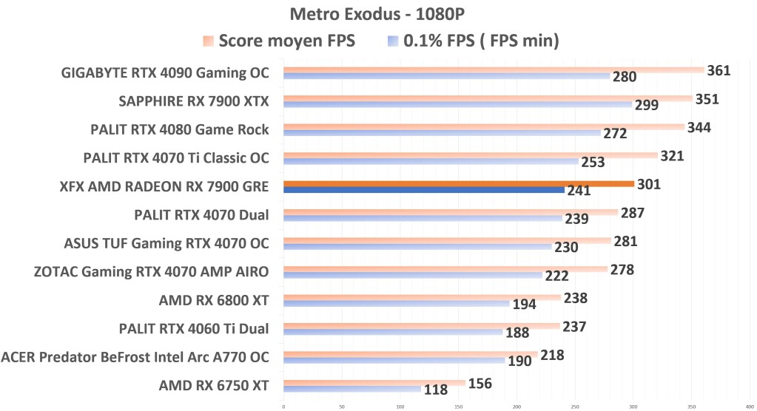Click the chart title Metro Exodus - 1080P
click(x=378, y=14)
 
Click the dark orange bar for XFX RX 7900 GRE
click(x=458, y=184)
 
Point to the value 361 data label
click(x=719, y=71)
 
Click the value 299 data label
click(x=647, y=105)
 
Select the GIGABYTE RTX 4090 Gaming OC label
click(x=166, y=72)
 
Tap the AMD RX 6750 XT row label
click(x=214, y=384)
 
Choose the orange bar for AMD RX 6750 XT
click(x=374, y=383)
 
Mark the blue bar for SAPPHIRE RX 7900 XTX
click(x=457, y=105)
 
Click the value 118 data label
click(x=436, y=390)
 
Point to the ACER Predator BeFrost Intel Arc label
click(x=135, y=357)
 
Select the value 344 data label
click(x=699, y=128)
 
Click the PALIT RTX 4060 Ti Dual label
click(x=194, y=328)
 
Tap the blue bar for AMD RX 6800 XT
click(x=396, y=304)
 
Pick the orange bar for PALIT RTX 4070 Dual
click(x=450, y=212)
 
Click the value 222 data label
click(x=556, y=276)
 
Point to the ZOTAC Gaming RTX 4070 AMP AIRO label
click(x=151, y=271)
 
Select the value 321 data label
click(x=672, y=156)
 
